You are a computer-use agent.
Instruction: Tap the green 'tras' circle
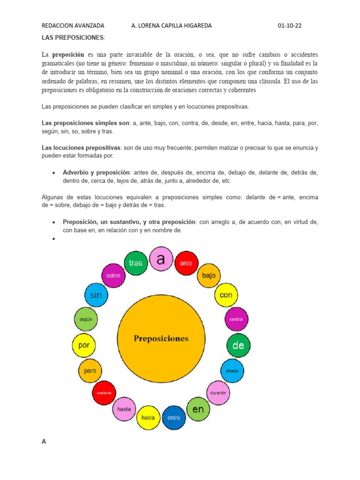[x=135, y=262]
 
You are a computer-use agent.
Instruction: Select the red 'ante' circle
[x=186, y=263]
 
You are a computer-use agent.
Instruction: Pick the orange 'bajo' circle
[x=209, y=276]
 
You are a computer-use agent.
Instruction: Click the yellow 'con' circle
[x=226, y=295]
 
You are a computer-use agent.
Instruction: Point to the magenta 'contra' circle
[x=236, y=319]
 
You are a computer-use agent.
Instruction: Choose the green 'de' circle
[x=239, y=345]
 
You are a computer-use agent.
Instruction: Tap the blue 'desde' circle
[x=232, y=371]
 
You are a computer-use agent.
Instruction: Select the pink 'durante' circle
[x=218, y=392]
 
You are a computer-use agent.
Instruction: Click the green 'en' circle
[x=198, y=409]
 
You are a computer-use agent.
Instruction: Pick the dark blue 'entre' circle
[x=174, y=417]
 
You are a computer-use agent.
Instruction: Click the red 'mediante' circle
[x=104, y=392]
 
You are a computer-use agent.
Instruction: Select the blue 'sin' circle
[x=96, y=295]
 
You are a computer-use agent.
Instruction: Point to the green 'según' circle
[x=85, y=319]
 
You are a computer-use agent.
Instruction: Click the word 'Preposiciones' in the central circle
[x=161, y=338]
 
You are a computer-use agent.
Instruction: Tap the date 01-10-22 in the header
[x=290, y=26]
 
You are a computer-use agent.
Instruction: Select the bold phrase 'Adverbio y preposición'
[x=96, y=172]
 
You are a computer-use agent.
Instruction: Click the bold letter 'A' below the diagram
[x=44, y=442]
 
